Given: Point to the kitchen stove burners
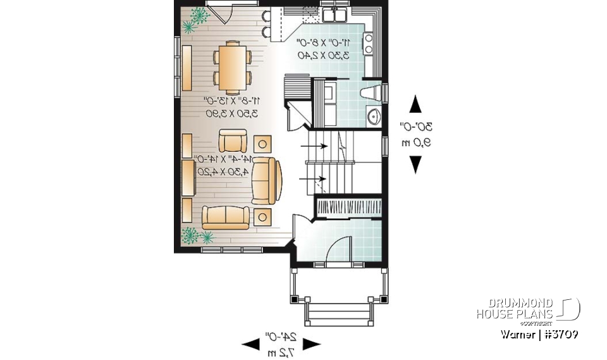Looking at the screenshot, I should point(368,44).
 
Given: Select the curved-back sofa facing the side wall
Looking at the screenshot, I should point(265,179).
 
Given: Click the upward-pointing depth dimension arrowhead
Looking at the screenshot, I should point(415,104).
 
